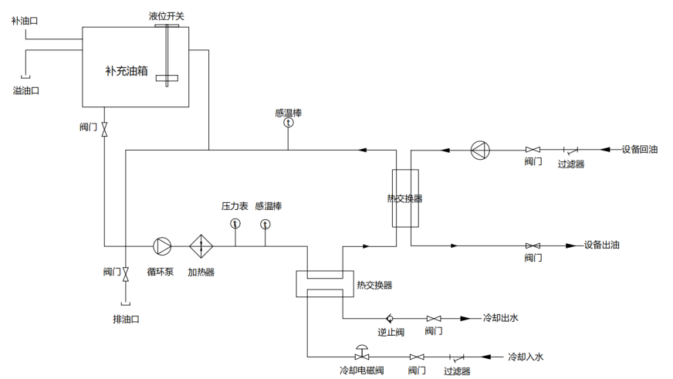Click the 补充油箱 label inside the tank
coord(127,71)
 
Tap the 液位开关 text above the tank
coord(167,16)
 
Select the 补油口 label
coord(25,21)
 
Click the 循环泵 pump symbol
coord(163,245)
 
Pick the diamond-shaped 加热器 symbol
coord(201,245)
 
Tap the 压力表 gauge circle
coord(235,224)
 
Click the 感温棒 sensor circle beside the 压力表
coord(265,224)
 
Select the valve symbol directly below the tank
coord(105,127)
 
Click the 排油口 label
coord(125,319)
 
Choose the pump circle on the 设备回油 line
coord(480,149)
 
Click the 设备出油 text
coord(601,245)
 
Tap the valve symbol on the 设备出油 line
coord(533,245)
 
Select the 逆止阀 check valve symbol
coord(391,318)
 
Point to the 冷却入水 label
coord(526,357)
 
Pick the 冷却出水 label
coord(500,318)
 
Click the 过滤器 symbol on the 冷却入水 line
coord(456,357)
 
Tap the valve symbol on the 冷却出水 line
coord(434,318)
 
